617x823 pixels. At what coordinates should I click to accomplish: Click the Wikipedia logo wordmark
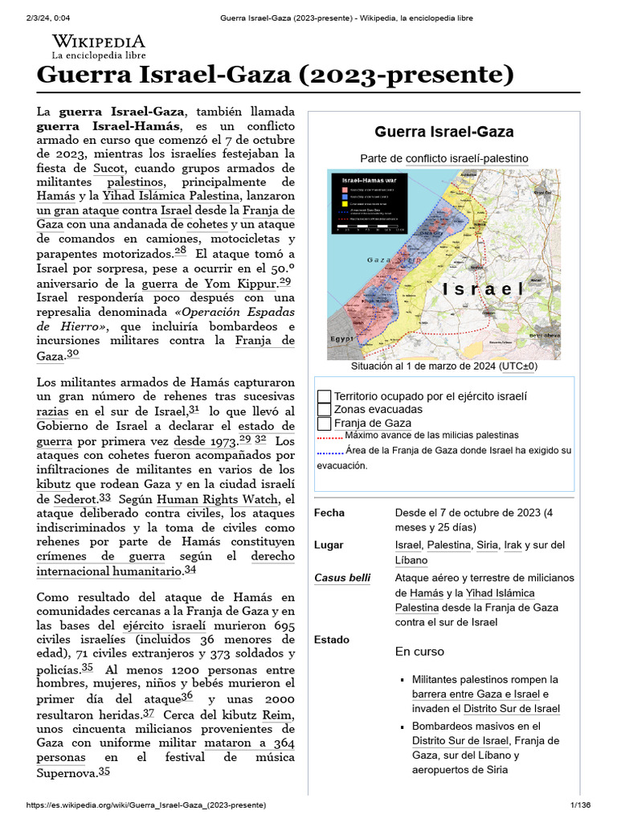pos(98,41)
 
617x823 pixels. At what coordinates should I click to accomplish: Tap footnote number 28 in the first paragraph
pos(180,251)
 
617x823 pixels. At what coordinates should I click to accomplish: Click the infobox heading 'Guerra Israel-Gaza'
pos(443,132)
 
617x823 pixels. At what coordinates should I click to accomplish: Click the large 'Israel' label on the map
pos(483,289)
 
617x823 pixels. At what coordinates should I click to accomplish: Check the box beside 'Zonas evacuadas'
pos(325,410)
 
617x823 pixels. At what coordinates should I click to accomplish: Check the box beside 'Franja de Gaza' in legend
pos(325,424)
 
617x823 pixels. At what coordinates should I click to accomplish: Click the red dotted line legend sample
pos(329,438)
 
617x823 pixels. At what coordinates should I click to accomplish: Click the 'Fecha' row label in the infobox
pos(329,513)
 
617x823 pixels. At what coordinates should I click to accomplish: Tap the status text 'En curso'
pos(419,651)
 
